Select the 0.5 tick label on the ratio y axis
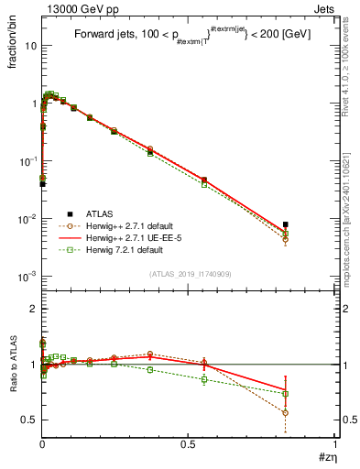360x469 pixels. (x=29, y=420)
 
